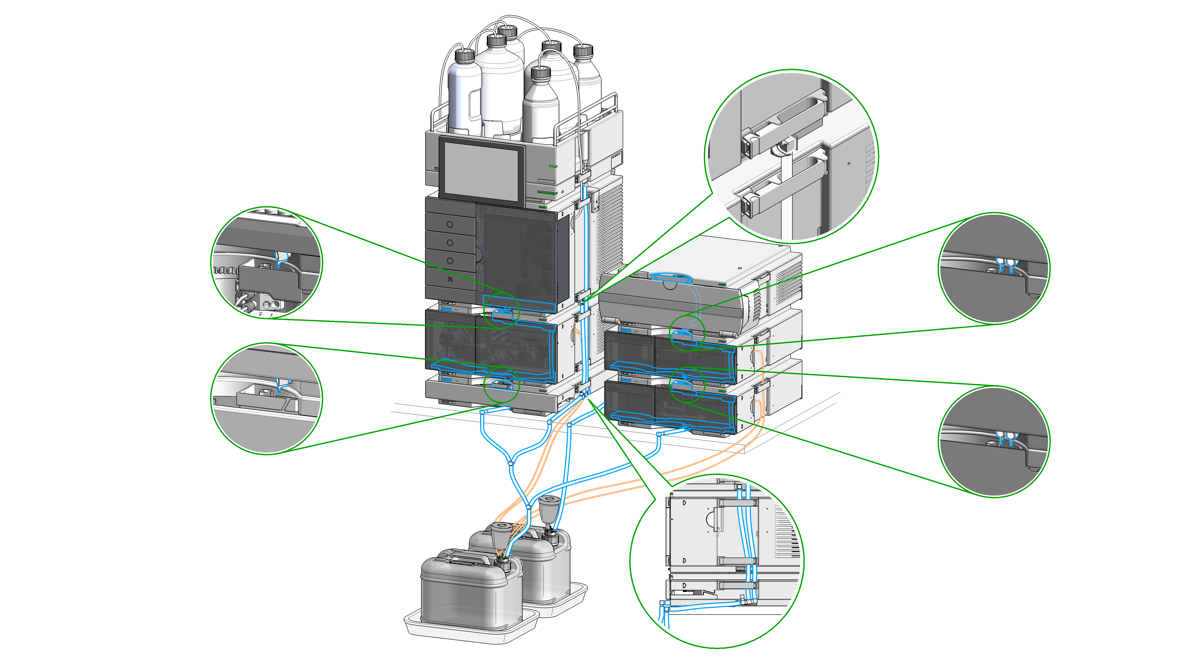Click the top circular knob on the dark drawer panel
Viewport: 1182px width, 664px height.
click(450, 224)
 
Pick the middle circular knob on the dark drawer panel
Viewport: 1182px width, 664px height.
click(450, 243)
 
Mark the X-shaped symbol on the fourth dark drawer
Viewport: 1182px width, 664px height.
click(450, 279)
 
